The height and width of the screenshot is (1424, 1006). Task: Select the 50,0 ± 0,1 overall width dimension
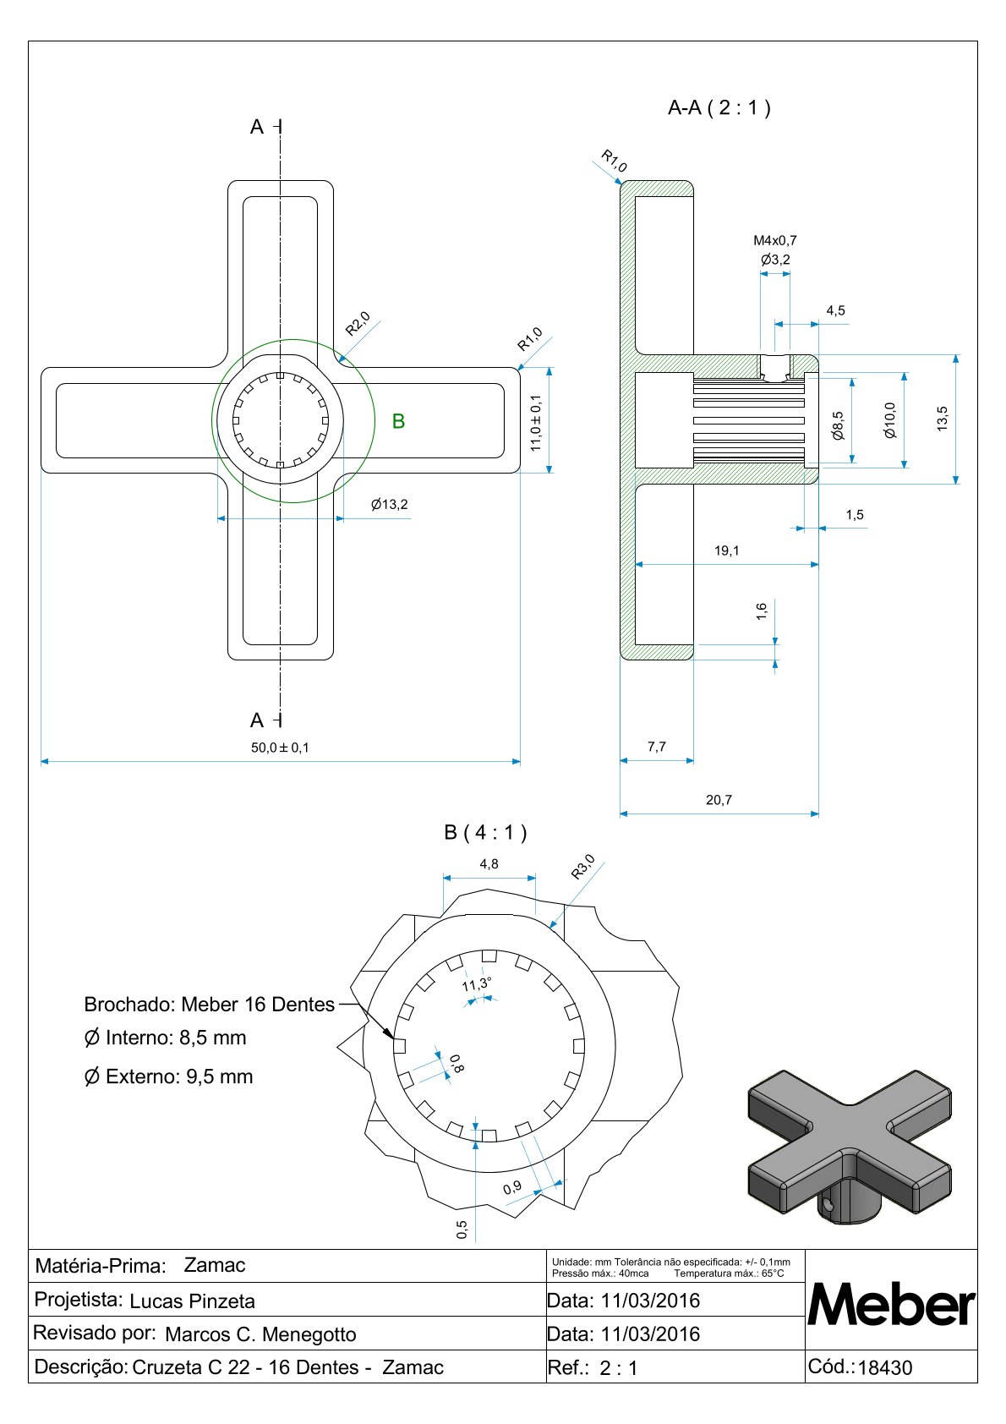[280, 748]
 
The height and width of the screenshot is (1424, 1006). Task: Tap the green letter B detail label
[398, 421]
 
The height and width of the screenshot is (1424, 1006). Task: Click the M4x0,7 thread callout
[774, 240]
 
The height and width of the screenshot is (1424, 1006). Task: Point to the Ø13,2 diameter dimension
[389, 505]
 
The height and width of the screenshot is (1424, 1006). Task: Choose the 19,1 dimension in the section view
[726, 550]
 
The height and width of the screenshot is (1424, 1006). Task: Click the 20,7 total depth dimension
[719, 800]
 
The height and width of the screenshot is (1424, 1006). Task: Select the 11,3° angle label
[477, 984]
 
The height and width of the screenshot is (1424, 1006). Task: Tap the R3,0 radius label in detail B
[582, 867]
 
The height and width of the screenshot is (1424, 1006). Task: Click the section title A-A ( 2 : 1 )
[719, 107]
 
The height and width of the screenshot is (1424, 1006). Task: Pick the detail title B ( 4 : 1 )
[485, 832]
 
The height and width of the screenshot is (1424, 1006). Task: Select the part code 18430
[884, 1368]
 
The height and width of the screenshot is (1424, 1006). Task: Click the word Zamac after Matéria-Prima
[215, 1265]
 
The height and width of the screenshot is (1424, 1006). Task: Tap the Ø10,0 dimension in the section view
[889, 419]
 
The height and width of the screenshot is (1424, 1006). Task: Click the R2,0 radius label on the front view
[358, 324]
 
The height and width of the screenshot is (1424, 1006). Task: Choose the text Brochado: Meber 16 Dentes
[210, 1005]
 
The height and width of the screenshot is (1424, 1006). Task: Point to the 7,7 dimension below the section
[656, 747]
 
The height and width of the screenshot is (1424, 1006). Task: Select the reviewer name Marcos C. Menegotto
[260, 1334]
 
